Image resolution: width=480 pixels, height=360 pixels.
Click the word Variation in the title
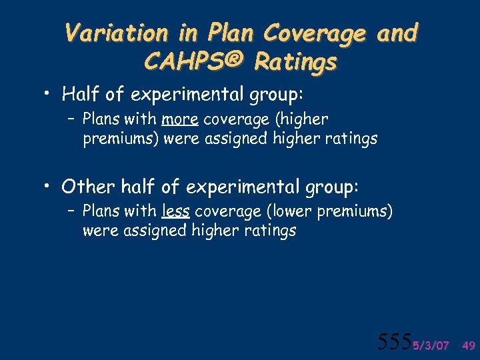(107, 33)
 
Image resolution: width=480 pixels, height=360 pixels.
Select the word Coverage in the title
(315, 33)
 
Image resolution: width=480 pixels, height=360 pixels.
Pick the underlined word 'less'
(176, 212)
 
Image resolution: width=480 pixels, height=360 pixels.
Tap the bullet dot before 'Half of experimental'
(50, 95)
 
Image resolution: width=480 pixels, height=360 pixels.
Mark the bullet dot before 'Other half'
(50, 185)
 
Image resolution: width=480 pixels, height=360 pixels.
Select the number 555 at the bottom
(393, 342)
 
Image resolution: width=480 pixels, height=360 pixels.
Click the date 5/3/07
(430, 345)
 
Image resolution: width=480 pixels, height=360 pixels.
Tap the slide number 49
(468, 345)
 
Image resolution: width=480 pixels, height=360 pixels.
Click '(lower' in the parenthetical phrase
(291, 212)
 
